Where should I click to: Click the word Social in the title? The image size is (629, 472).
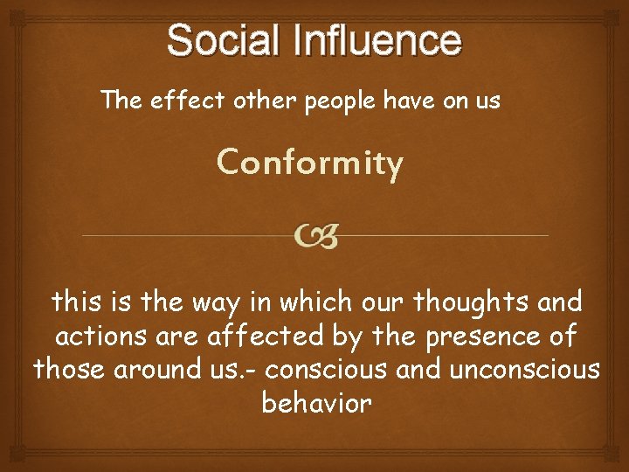coord(225,40)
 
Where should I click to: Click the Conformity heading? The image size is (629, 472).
coord(310,163)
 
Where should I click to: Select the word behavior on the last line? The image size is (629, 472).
coord(316,403)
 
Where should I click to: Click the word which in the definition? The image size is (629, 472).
coord(331,302)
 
